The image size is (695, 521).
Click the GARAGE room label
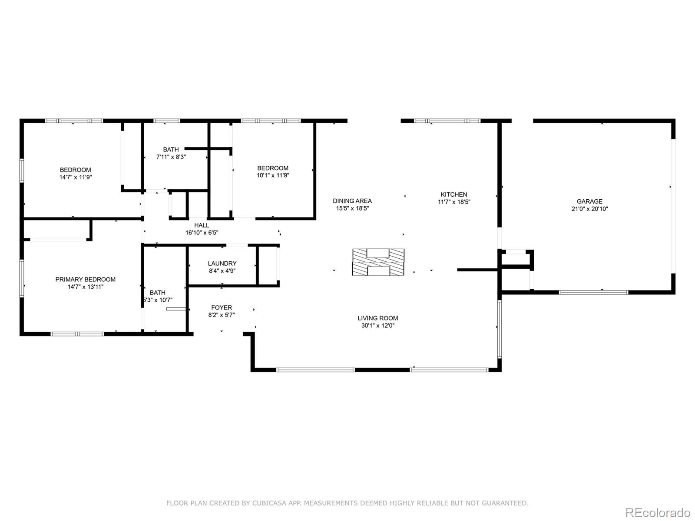pos(589,201)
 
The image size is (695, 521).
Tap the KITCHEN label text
pos(454,195)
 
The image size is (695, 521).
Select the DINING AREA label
pos(352,201)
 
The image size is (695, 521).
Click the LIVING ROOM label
pos(377,318)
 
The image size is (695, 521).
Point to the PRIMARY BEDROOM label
pos(85,280)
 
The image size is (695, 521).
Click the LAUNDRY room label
pos(222,264)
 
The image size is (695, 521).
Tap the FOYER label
pos(222,308)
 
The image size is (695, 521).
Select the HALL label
pos(202,225)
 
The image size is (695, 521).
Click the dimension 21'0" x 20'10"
pos(589,209)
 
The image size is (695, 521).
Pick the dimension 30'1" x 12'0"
pos(377,326)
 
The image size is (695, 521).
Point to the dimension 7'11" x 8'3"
pos(171,157)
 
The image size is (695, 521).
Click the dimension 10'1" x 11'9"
pos(273,175)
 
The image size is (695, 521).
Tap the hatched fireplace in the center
pos(378,262)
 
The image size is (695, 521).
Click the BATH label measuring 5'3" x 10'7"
pos(157,293)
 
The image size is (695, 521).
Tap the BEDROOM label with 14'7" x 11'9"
pos(75,170)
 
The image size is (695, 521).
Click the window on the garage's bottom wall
pos(593,292)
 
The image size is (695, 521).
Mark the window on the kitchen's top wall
pos(447,121)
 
